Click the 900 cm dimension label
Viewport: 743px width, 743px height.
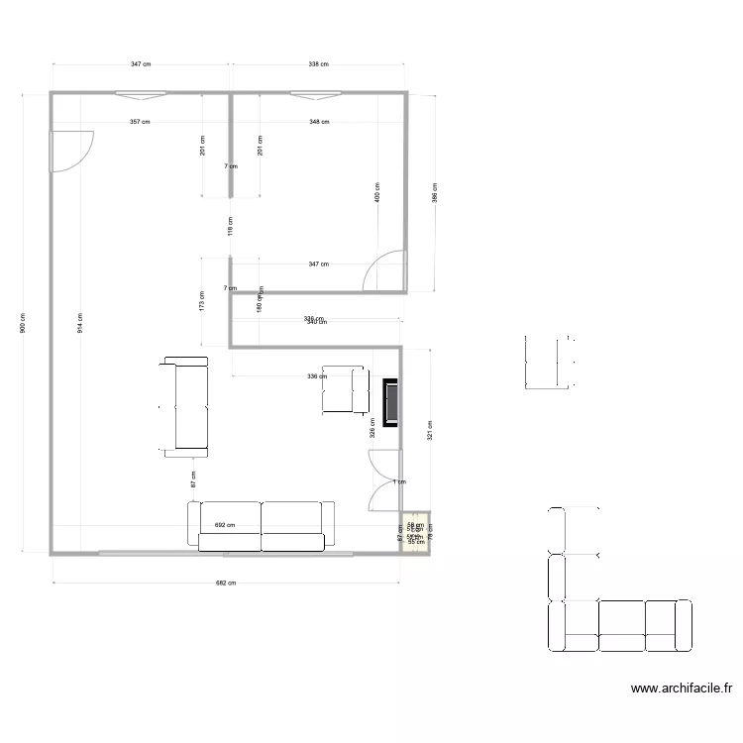click(x=25, y=323)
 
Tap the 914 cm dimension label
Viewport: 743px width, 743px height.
click(x=81, y=323)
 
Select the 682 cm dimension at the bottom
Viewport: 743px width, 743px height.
click(x=227, y=584)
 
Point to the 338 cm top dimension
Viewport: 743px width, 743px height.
click(x=317, y=64)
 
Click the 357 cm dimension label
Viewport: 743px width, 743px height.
click(x=140, y=122)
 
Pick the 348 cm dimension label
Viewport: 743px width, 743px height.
click(x=318, y=122)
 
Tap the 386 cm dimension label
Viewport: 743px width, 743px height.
click(x=434, y=192)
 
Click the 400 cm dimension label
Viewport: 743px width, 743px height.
click(x=377, y=192)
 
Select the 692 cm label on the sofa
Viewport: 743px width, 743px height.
click(x=225, y=526)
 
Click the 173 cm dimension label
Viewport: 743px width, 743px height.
click(x=201, y=300)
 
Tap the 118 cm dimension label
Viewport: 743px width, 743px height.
click(x=230, y=227)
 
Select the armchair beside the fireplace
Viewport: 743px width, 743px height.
click(x=344, y=389)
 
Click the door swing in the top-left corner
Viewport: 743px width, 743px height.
click(x=71, y=151)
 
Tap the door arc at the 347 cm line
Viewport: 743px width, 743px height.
click(x=384, y=273)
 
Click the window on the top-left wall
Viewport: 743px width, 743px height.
click(x=140, y=95)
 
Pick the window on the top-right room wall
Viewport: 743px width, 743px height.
click(x=317, y=95)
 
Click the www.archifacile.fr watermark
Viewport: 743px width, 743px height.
click(x=681, y=689)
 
